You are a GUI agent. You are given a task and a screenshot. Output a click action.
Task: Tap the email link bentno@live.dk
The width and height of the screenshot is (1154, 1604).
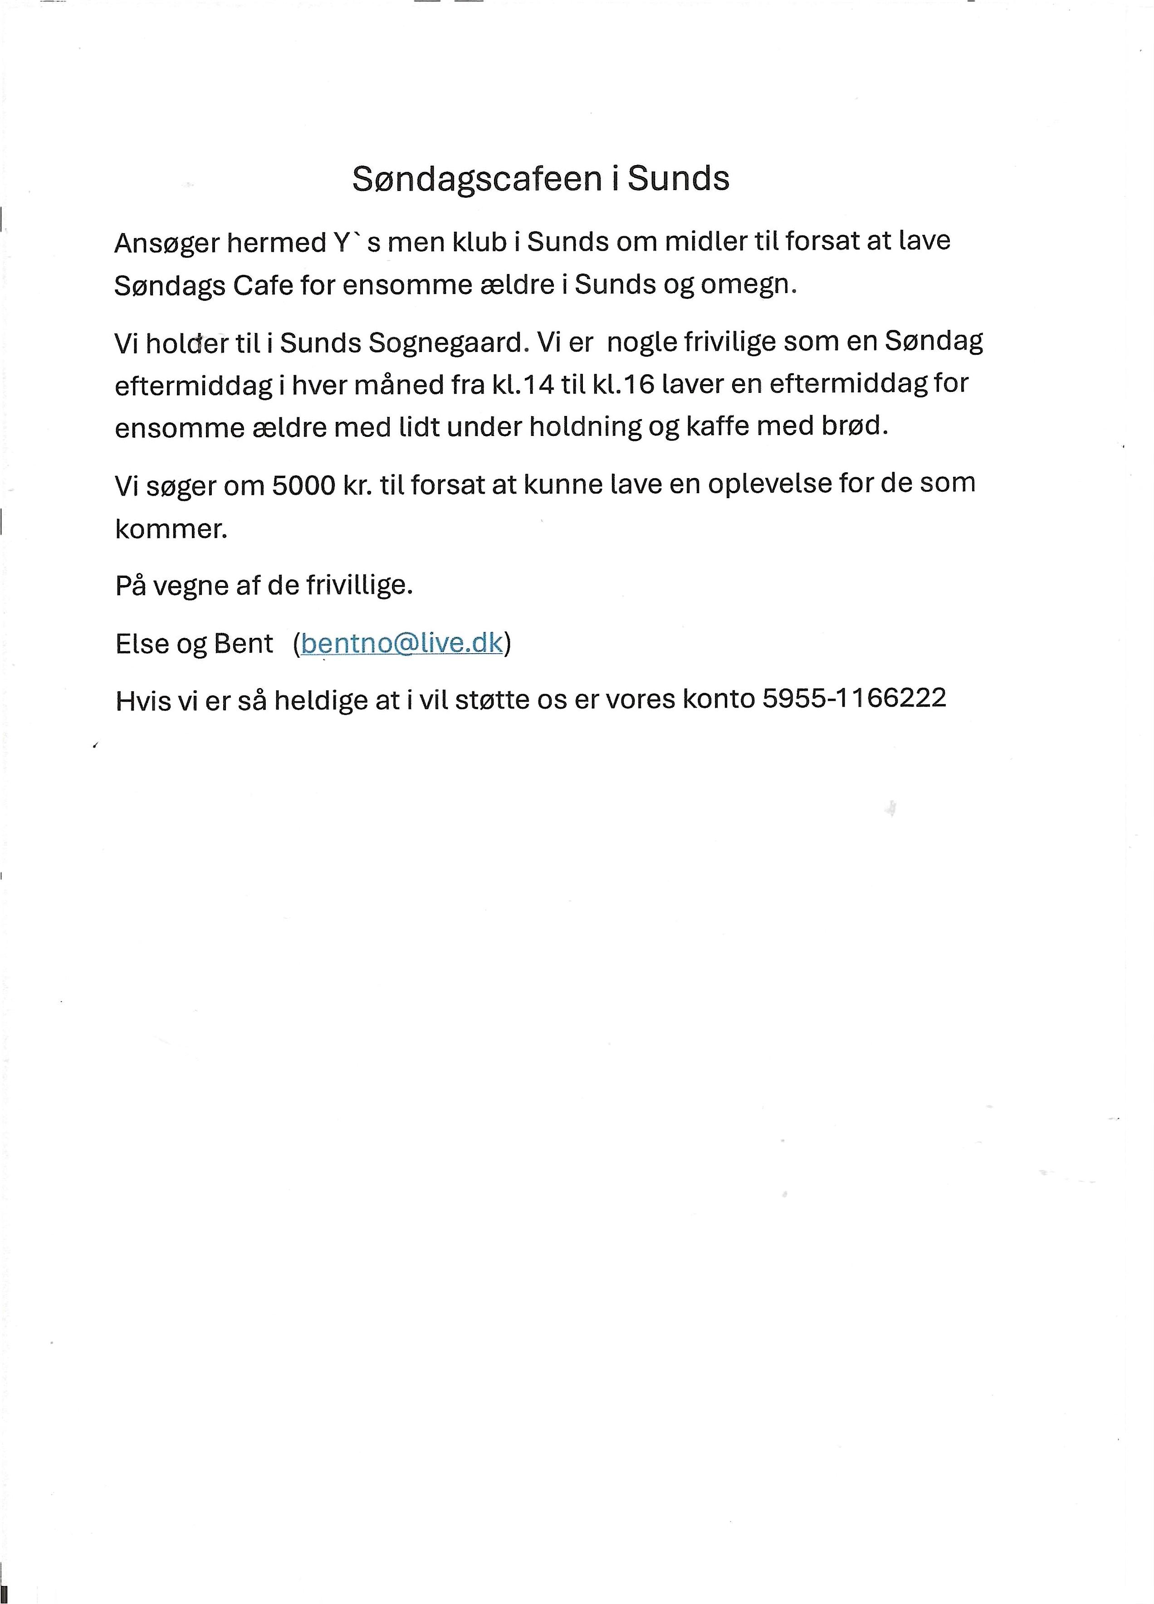[401, 643]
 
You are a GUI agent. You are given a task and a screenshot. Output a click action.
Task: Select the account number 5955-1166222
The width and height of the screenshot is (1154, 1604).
[854, 698]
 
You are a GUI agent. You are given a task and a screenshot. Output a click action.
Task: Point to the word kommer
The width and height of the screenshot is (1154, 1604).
[171, 529]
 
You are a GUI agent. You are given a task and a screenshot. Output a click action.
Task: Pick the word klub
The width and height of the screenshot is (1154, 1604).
[479, 243]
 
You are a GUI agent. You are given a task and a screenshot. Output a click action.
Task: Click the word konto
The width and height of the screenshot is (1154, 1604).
[719, 699]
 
